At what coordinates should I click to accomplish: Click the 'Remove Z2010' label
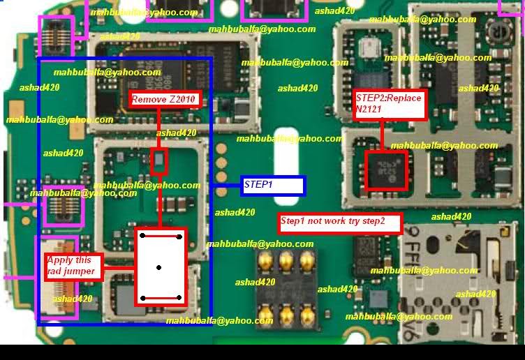[x=166, y=100]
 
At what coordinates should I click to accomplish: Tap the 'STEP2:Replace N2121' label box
[x=389, y=104]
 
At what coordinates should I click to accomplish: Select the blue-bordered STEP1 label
[x=273, y=185]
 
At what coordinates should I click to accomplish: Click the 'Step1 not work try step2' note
[x=340, y=223]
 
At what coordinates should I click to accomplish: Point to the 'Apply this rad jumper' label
[x=73, y=267]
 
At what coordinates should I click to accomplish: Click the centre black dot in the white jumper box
[x=160, y=267]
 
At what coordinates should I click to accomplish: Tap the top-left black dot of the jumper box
[x=142, y=237]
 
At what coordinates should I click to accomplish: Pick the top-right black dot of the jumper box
[x=179, y=237]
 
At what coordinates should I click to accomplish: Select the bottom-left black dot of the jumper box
[x=142, y=298]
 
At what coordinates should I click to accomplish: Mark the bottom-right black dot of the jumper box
[x=179, y=298]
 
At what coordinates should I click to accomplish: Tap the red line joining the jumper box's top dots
[x=161, y=237]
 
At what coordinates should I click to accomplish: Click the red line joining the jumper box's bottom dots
[x=161, y=298]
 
